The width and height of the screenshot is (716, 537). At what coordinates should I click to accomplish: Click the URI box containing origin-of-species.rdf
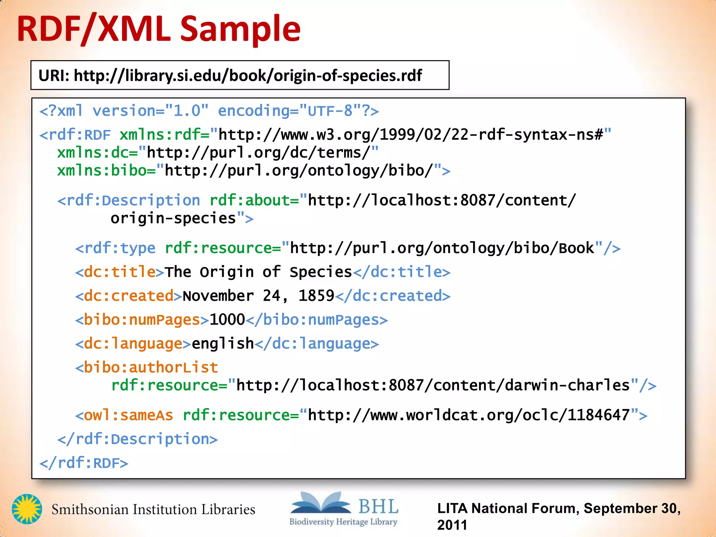click(240, 75)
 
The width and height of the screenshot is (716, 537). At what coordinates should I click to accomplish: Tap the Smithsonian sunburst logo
click(27, 509)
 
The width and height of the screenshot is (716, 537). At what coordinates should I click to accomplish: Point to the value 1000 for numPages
click(227, 320)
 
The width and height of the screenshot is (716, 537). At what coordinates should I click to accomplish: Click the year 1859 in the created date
click(316, 296)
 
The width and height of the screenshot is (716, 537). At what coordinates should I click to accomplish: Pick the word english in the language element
click(223, 343)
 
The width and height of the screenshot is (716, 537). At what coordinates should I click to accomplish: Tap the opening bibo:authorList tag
click(147, 367)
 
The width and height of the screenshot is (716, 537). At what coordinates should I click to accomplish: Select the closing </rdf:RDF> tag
click(84, 463)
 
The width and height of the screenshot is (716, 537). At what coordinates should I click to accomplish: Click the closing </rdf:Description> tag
click(137, 439)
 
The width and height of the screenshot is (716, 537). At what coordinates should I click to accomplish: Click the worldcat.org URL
click(469, 415)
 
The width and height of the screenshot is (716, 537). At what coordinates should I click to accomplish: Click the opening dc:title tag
click(120, 272)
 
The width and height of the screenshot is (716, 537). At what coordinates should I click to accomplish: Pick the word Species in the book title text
click(321, 272)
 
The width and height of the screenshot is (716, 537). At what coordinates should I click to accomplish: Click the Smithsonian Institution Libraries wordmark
click(153, 509)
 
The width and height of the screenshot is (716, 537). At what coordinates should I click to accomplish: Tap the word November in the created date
click(218, 296)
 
